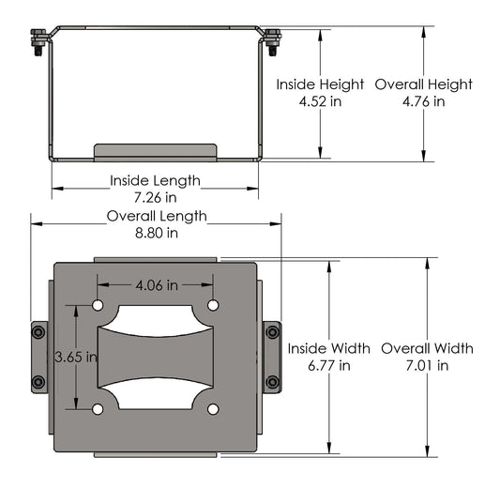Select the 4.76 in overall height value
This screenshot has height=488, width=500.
coord(423,101)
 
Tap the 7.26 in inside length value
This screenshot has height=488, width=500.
coord(155,197)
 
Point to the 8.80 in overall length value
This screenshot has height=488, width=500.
coord(156,233)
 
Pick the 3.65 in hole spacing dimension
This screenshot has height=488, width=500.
coord(75,357)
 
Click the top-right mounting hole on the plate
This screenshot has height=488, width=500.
coord(213,306)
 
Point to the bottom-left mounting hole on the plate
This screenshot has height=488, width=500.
coord(98,408)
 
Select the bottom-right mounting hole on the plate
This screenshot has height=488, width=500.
coord(213,408)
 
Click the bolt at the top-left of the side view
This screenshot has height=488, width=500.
coord(38,41)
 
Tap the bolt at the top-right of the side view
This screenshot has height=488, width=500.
coord(273,41)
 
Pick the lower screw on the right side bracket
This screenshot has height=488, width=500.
coord(272,382)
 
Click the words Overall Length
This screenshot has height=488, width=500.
coord(156,216)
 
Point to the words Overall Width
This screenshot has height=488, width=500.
coord(427,348)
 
